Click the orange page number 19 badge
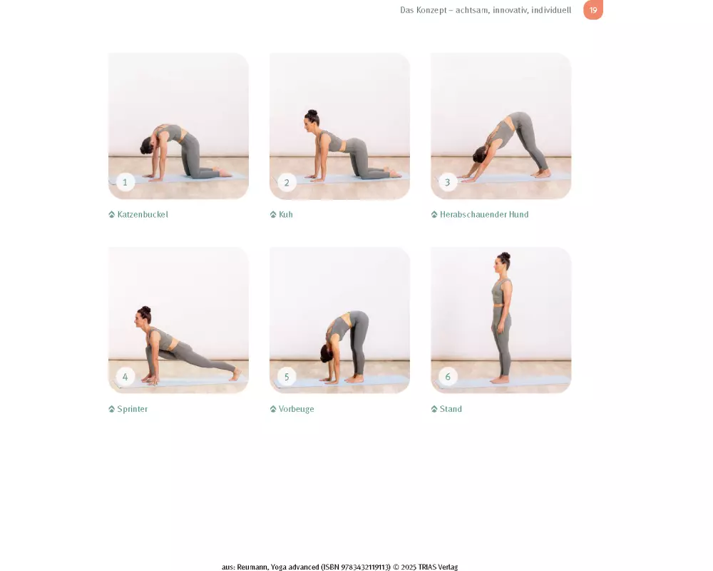point(593,9)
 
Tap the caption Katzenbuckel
point(143,214)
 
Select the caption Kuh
point(286,214)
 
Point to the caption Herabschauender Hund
point(484,214)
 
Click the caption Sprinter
point(133,409)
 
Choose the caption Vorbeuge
point(297,409)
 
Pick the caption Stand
point(451,409)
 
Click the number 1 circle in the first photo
point(125,182)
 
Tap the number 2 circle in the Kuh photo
point(287,183)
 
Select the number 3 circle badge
point(448,183)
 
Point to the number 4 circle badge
point(125,377)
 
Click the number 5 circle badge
point(287,377)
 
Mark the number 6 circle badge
point(448,377)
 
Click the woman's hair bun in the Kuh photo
point(312,113)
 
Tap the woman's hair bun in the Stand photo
point(506,256)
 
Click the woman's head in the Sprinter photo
point(143,316)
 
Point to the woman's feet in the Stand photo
point(500,379)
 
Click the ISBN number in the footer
point(356,567)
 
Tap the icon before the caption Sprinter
point(111,409)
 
